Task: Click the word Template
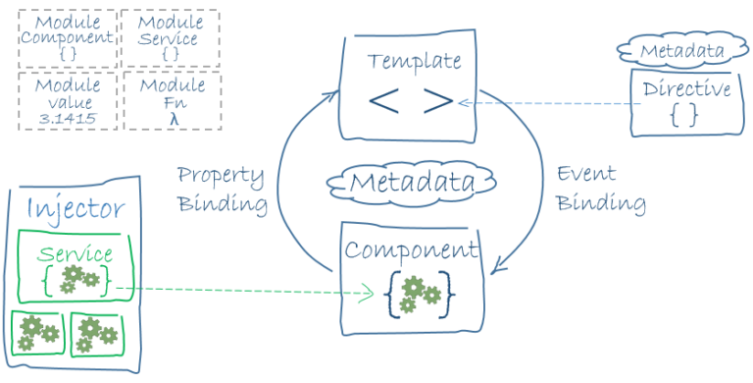point(414,61)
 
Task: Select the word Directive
point(686,89)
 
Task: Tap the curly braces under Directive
point(685,115)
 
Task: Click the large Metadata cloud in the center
point(412,182)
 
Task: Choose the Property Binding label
point(221,190)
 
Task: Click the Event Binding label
point(600,189)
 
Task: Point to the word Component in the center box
point(411,249)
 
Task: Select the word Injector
point(75,208)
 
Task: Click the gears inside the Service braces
point(75,280)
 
